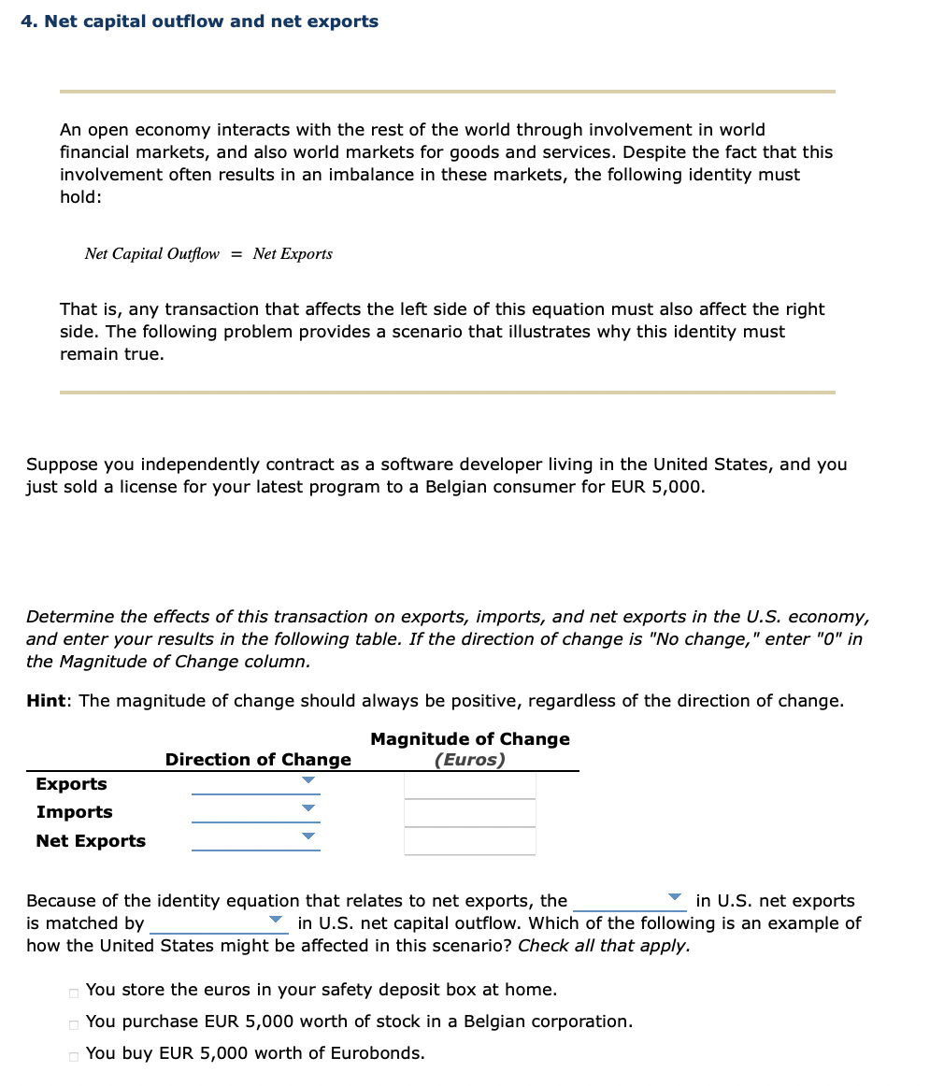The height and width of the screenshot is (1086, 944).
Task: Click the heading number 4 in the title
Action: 26,21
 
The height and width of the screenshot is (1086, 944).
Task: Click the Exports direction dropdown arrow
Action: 308,780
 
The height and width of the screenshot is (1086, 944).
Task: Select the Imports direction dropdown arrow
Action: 308,808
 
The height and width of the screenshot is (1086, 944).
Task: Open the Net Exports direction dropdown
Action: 308,836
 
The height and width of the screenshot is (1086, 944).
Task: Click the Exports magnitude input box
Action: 469,785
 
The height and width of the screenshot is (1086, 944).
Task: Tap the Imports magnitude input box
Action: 469,813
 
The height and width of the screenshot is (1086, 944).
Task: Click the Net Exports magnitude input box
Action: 469,841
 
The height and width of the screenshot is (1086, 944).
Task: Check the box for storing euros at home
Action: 73,992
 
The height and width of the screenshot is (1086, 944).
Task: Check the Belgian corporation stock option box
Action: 73,1023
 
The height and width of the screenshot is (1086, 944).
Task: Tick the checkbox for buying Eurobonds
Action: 73,1055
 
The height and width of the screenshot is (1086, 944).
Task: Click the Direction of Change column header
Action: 258,760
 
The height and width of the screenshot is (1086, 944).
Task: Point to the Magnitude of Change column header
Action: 469,739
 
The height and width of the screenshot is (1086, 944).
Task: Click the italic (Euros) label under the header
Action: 469,760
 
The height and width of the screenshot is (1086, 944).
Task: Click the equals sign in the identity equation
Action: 236,254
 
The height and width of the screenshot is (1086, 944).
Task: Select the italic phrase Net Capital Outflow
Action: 151,254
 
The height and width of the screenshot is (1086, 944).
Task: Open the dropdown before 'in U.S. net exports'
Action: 675,898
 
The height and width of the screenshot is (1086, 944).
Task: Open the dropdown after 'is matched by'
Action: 276,921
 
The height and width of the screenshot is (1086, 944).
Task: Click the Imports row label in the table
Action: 74,812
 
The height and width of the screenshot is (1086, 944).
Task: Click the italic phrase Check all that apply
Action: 604,945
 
